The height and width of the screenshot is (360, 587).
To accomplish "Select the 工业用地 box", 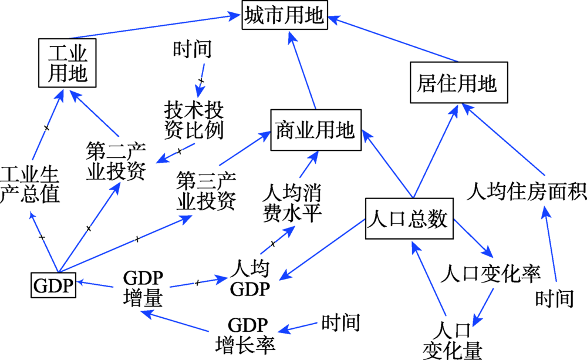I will pos(66,63).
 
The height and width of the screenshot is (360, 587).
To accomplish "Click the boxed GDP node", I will pos(53,286).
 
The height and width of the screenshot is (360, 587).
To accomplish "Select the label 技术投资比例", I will pos(194,120).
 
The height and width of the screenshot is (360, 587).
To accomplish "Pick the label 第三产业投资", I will pos(206,191).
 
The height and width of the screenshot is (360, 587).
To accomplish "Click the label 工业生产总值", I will pos(30,184).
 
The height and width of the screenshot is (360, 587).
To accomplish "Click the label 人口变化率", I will pos(493,272).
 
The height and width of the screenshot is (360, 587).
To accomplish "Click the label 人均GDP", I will pos(249,279).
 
